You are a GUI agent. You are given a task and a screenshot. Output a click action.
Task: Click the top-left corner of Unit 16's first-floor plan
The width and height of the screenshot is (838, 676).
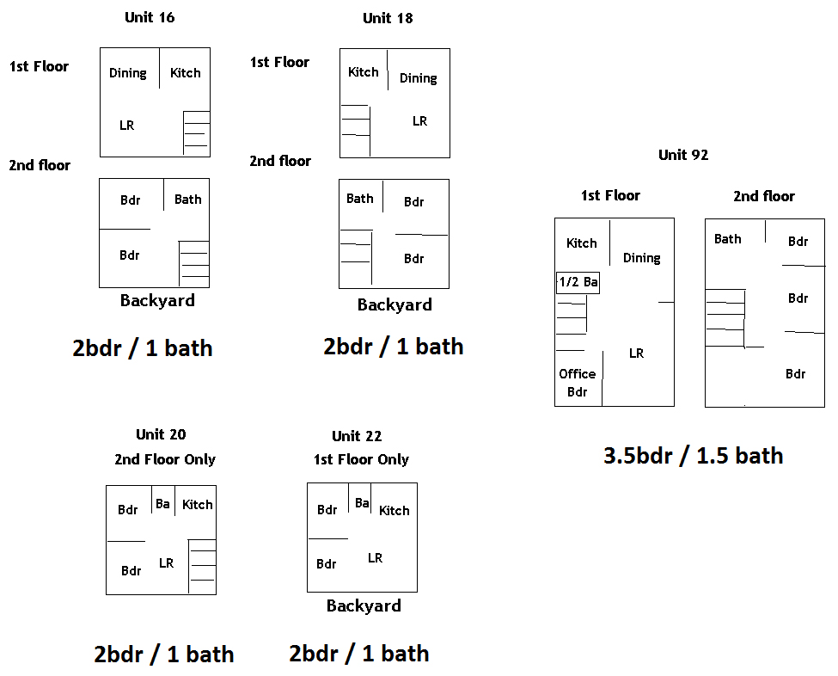[101, 48]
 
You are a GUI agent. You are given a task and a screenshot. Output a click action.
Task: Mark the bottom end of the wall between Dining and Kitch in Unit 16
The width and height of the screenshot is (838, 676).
[159, 89]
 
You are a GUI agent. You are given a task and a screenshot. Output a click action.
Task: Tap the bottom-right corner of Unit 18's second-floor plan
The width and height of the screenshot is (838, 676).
[449, 288]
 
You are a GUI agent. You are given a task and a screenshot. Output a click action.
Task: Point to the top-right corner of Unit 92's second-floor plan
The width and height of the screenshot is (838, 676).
[824, 219]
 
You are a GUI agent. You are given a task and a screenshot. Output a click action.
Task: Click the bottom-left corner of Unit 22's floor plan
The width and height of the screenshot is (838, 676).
[308, 592]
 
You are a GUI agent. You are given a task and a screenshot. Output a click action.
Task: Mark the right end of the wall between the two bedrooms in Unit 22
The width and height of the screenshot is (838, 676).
[348, 538]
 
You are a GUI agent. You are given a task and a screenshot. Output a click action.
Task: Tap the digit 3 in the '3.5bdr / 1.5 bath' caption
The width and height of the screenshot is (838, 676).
[609, 456]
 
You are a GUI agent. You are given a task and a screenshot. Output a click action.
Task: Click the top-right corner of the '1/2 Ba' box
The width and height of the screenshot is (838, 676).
[599, 273]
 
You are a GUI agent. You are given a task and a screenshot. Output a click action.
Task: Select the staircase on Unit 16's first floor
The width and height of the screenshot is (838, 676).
[197, 133]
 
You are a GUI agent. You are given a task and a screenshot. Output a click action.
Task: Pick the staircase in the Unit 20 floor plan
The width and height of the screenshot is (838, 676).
[202, 567]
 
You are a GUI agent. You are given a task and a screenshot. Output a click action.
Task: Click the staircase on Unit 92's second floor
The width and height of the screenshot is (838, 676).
[725, 318]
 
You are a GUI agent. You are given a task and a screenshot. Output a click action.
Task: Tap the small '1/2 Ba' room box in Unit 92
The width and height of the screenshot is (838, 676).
[578, 283]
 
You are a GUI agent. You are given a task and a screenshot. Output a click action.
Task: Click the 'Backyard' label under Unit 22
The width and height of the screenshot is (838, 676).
[364, 605]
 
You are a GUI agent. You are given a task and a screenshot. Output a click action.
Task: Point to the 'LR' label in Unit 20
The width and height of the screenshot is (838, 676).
[166, 563]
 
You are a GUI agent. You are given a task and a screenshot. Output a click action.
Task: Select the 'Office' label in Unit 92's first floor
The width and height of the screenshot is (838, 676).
[578, 374]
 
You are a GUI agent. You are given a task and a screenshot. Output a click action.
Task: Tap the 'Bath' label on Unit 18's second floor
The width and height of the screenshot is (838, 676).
[359, 199]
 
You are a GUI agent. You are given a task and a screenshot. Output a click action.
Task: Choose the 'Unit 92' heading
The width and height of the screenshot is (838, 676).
[683, 155]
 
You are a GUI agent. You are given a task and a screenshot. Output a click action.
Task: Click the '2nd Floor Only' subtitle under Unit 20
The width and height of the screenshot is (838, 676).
[165, 459]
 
